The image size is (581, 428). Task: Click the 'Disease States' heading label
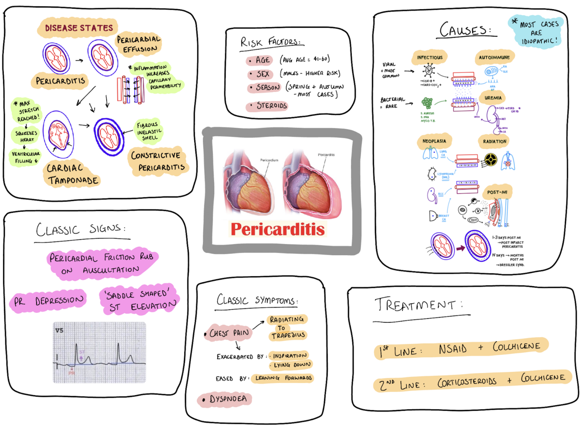click(x=78, y=28)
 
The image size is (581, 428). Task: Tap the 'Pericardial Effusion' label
click(x=139, y=44)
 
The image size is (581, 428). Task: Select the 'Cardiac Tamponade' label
click(x=72, y=174)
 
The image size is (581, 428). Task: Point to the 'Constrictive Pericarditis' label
click(x=158, y=161)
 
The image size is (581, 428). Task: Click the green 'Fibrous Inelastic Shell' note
click(x=149, y=131)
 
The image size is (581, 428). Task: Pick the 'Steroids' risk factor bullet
click(x=268, y=106)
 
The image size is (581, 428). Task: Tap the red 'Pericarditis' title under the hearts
click(x=277, y=229)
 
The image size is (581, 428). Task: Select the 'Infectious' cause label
click(x=429, y=57)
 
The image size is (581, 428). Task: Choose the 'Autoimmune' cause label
click(x=494, y=57)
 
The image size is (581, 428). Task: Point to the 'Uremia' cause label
click(x=493, y=98)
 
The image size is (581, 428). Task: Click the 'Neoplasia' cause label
click(x=434, y=141)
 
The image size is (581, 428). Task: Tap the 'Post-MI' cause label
click(x=497, y=192)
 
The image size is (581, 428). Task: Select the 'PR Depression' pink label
click(x=49, y=301)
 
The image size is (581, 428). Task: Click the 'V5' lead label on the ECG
click(x=59, y=330)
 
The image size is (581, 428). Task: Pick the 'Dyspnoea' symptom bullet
click(x=226, y=399)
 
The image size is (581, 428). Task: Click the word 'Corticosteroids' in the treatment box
click(x=466, y=382)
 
